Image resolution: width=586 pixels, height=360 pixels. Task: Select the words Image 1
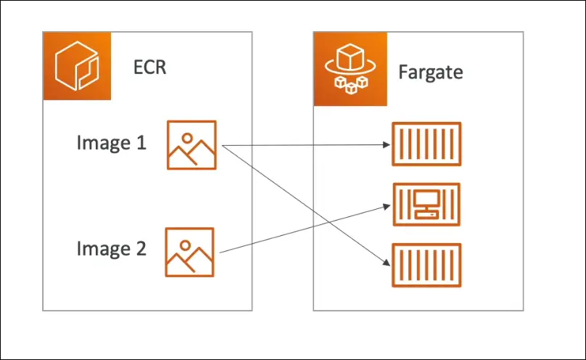[111, 143]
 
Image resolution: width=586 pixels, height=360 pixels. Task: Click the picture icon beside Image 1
[191, 145]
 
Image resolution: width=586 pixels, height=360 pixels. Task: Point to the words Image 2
[111, 249]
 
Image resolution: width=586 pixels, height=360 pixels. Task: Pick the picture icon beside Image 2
[190, 251]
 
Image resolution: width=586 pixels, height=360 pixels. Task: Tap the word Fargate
[430, 73]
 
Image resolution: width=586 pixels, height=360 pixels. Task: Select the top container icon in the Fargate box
[426, 144]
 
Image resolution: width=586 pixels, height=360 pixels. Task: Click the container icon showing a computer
[426, 205]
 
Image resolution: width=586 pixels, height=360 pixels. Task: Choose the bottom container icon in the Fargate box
[426, 265]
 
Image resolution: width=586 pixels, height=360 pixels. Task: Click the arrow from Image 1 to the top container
[305, 145]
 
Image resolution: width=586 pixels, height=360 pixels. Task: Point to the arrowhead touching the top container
[387, 144]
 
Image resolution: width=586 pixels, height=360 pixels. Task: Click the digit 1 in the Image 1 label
[140, 143]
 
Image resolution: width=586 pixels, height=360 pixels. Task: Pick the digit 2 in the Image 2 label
[140, 249]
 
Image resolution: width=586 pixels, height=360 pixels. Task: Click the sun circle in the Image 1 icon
[187, 136]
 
